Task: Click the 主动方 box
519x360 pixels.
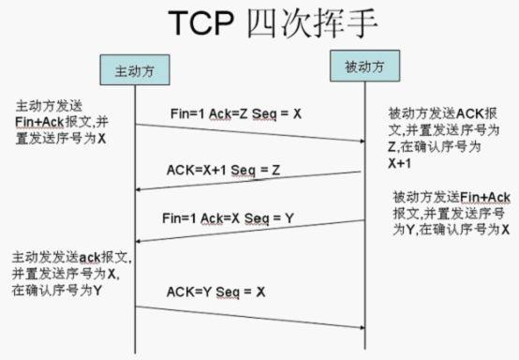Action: click(x=134, y=70)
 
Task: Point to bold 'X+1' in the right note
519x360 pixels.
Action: click(x=403, y=161)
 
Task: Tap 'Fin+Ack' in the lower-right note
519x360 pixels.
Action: click(x=484, y=197)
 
